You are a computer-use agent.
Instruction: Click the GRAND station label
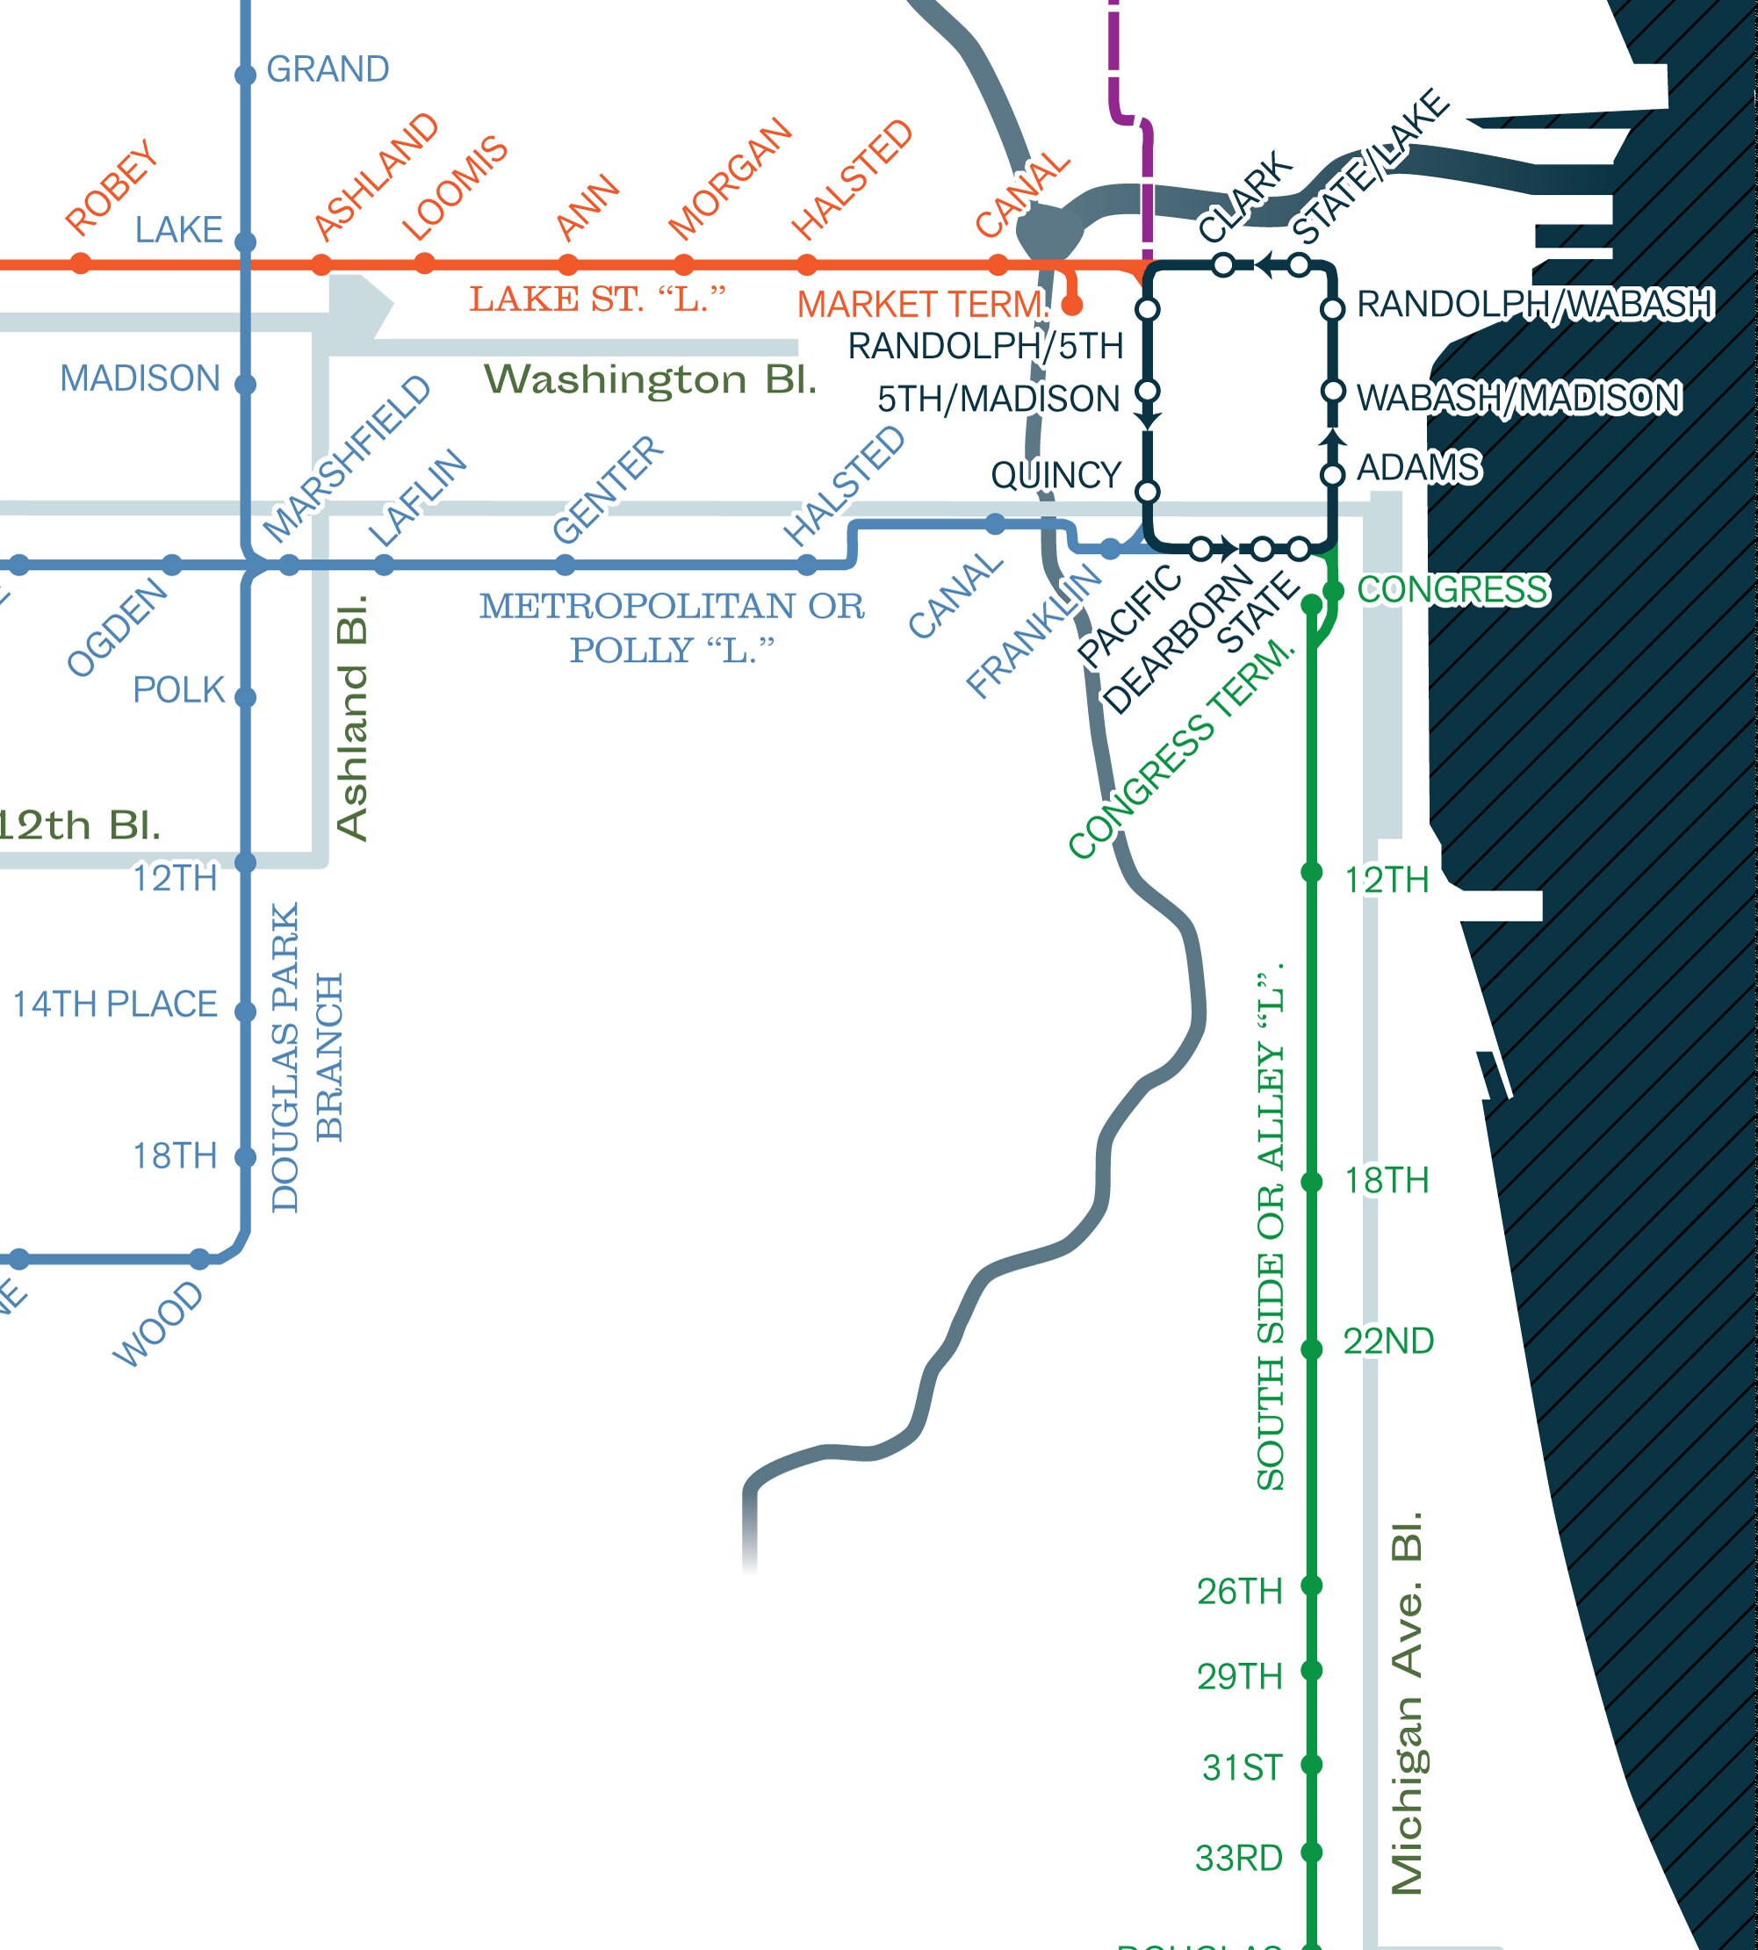[328, 69]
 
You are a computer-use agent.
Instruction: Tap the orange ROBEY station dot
[81, 263]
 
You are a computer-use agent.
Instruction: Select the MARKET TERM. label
[922, 306]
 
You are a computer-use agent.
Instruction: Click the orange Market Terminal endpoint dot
[1071, 306]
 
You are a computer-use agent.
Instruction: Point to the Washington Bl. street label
[650, 379]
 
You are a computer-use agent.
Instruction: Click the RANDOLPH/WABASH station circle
[1332, 309]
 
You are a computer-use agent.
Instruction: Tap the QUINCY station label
[1056, 475]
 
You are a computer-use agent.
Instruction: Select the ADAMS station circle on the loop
[1332, 475]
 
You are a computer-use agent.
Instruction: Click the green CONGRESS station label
[1452, 590]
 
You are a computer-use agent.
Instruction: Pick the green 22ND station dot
[1311, 1349]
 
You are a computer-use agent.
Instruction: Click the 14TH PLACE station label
[115, 1004]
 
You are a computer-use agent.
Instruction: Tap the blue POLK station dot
[245, 697]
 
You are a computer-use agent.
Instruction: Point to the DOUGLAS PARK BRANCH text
[307, 1058]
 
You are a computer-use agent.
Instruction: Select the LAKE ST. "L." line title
[597, 299]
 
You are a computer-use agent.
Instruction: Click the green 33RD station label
[1238, 1858]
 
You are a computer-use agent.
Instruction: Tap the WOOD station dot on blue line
[200, 1258]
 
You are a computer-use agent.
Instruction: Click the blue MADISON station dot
[245, 385]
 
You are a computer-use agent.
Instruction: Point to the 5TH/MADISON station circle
[1148, 392]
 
